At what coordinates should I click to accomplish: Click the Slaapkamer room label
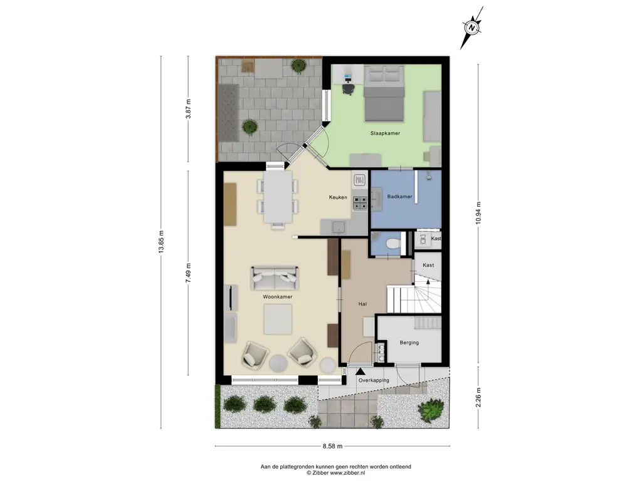[x=385, y=133]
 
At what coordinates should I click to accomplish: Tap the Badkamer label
[x=399, y=197]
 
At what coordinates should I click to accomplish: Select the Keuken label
[x=338, y=197]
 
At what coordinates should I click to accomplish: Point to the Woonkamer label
[x=278, y=297]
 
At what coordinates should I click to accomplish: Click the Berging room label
[x=409, y=343]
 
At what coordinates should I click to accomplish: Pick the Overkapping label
[x=374, y=380]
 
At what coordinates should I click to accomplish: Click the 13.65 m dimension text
[x=161, y=242]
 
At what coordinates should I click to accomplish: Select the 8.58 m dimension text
[x=332, y=446]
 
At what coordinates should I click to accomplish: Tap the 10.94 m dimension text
[x=478, y=213]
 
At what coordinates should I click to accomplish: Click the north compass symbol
[x=471, y=28]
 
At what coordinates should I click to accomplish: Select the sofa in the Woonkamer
[x=275, y=277]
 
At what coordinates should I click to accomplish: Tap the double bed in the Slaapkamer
[x=384, y=93]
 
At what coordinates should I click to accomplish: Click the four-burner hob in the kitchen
[x=360, y=204]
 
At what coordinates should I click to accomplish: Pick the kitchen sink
[x=339, y=227]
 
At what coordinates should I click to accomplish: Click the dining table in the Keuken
[x=278, y=197]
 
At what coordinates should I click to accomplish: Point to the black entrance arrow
[x=360, y=371]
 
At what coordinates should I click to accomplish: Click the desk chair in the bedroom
[x=348, y=88]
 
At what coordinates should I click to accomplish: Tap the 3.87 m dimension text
[x=188, y=109]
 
